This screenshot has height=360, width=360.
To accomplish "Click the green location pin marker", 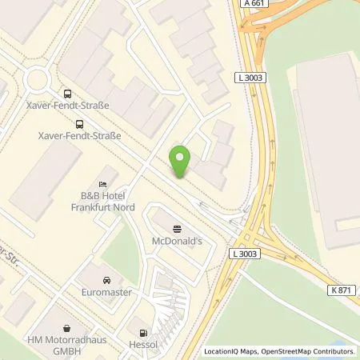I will tap(181, 162).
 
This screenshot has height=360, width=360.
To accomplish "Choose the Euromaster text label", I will tap(106, 293).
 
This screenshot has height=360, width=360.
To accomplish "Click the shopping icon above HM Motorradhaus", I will tap(66, 328).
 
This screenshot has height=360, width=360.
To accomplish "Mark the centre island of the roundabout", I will tap(36, 78).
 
